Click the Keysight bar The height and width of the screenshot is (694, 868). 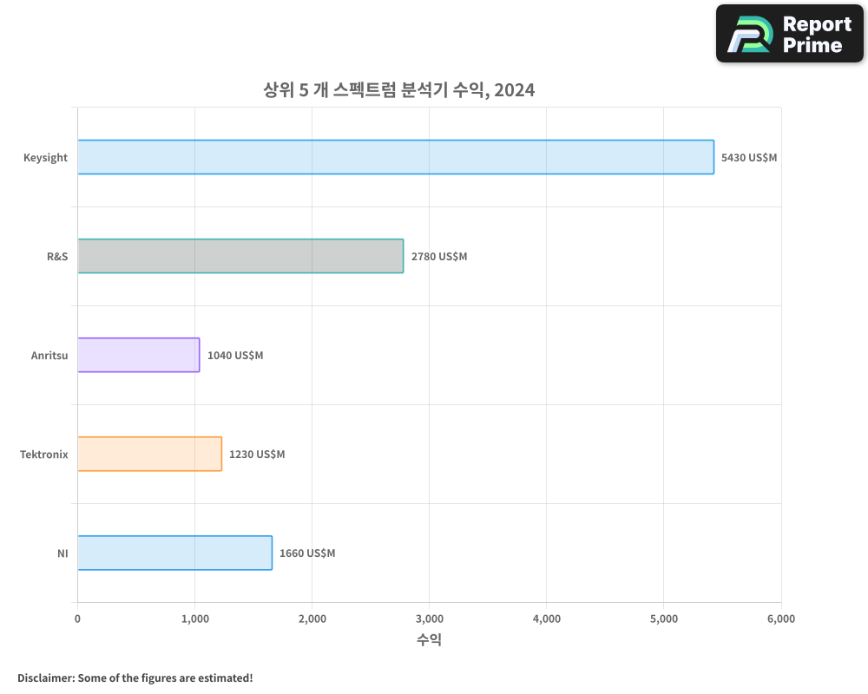click(396, 157)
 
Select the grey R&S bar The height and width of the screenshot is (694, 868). click(240, 256)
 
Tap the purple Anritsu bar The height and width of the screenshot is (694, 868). click(139, 355)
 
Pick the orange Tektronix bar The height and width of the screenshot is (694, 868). click(149, 454)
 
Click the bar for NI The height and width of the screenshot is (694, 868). click(174, 553)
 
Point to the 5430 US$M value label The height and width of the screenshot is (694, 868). click(749, 158)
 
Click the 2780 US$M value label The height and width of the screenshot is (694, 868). click(439, 257)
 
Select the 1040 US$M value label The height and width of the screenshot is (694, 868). click(235, 356)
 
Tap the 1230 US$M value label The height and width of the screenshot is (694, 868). click(257, 455)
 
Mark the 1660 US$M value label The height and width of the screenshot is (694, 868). click(307, 553)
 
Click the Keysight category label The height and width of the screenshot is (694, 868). click(45, 158)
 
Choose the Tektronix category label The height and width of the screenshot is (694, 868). click(43, 455)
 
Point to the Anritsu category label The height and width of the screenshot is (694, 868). click(49, 356)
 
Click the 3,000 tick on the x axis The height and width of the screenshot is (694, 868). click(430, 619)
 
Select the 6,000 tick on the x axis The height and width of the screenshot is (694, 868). click(781, 619)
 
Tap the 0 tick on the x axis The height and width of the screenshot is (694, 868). click(77, 619)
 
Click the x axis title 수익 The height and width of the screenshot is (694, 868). click(429, 640)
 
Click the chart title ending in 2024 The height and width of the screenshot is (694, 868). click(398, 89)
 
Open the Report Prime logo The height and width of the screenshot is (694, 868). click(789, 34)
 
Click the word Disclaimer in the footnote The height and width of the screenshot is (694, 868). click(44, 678)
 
